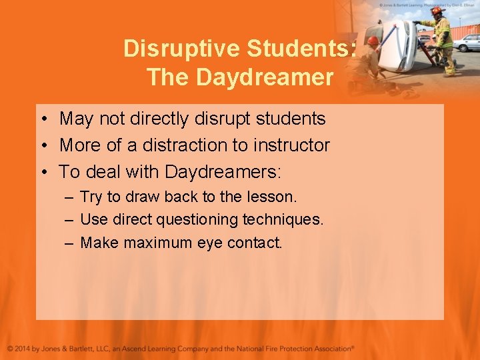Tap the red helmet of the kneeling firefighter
click(373, 41)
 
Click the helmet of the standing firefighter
click(436, 11)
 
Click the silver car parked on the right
click(466, 43)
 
